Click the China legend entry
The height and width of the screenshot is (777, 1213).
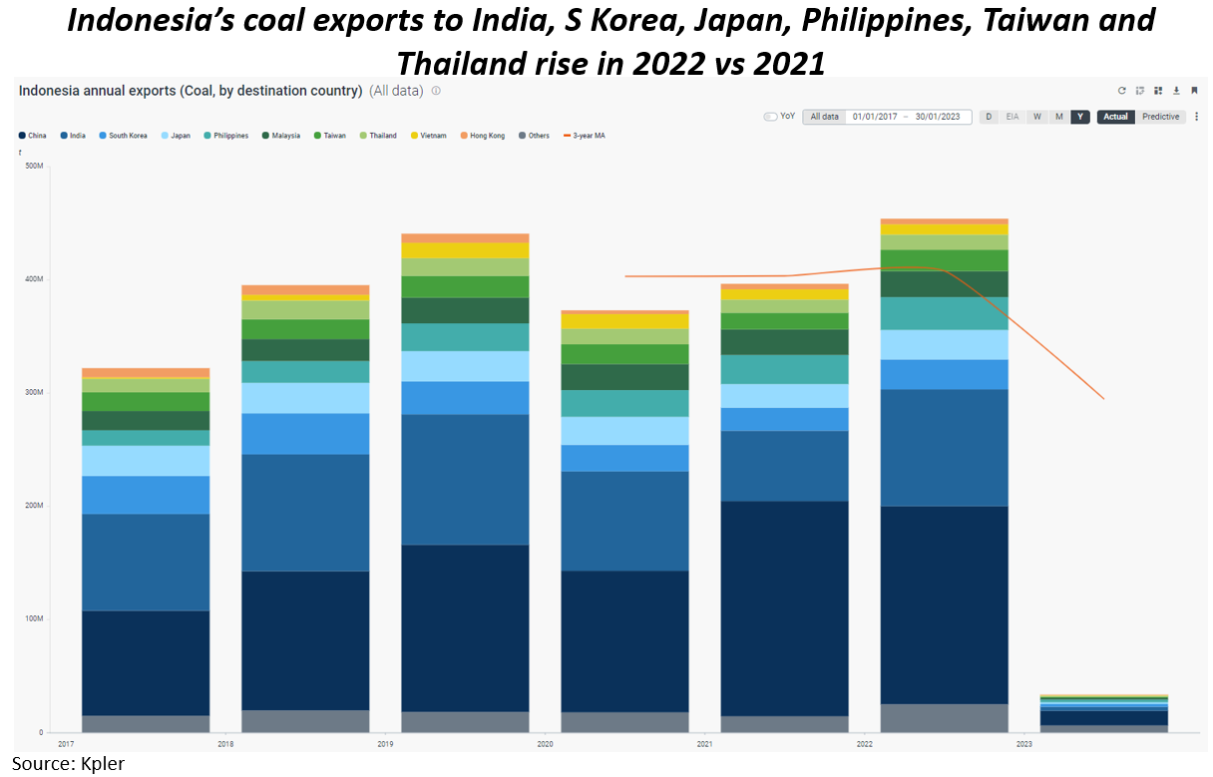coord(33,136)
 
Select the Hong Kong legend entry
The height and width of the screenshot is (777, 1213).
coord(486,136)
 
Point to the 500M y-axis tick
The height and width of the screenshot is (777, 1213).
coord(34,166)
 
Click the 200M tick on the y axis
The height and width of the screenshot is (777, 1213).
coord(34,506)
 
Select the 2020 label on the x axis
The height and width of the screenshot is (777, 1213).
coord(545,744)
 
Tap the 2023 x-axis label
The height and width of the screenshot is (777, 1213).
coord(1023,744)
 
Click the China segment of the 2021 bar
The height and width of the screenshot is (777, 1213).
coord(784,607)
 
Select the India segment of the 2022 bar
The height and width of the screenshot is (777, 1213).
coord(944,448)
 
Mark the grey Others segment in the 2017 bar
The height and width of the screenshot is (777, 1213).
coord(146,723)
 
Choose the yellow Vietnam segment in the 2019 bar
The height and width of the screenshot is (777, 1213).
coord(465,250)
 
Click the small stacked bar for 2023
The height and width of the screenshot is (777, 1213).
coord(1103,714)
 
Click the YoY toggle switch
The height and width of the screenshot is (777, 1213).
coord(770,117)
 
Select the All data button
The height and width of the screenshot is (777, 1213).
coord(824,117)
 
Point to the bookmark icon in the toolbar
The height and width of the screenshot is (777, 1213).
coord(1194,91)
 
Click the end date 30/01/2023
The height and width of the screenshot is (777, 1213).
coord(939,117)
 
